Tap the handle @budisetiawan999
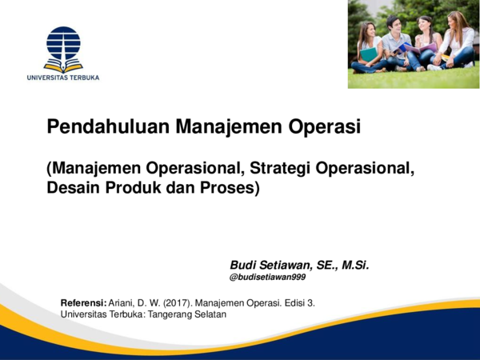coord(267,278)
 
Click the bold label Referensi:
coord(84,303)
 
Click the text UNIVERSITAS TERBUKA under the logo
coord(62,78)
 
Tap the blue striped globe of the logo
coord(63,42)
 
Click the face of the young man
coord(394,22)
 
